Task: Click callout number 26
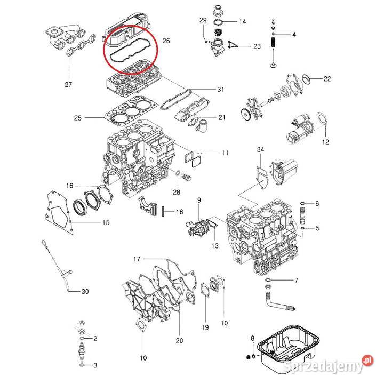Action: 166,41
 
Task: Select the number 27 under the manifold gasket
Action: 68,85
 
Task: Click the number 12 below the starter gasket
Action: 325,142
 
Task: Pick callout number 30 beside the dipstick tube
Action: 85,292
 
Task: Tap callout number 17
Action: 137,259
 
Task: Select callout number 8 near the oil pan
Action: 252,338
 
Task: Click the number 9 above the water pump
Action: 199,200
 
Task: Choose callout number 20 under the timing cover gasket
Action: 179,340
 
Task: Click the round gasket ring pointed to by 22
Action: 307,79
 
